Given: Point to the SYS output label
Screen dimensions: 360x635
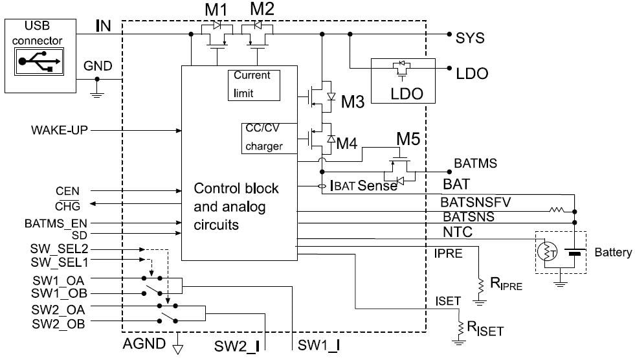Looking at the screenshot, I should (x=470, y=38).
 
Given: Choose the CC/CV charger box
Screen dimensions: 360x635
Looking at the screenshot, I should (x=263, y=137).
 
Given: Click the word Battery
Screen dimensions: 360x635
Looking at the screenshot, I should (x=612, y=253).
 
